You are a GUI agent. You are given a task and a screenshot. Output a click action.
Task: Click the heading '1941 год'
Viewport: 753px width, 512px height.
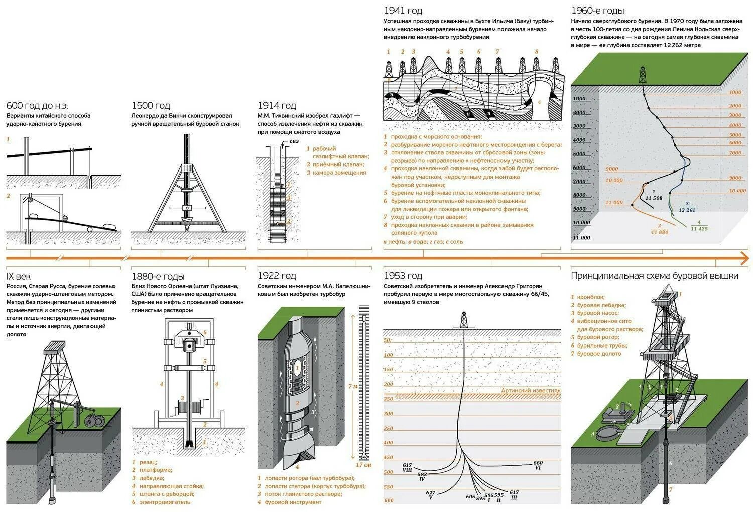point(403,11)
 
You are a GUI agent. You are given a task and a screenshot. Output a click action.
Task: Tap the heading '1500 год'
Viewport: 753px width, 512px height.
point(151,106)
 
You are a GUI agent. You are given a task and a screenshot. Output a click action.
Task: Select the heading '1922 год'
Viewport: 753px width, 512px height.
point(277,276)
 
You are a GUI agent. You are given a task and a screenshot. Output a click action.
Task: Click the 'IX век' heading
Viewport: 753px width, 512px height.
point(18,276)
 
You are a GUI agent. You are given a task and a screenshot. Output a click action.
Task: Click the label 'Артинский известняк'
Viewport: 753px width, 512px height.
point(531,390)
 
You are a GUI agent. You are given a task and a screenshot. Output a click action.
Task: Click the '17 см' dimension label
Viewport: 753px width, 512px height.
point(364,465)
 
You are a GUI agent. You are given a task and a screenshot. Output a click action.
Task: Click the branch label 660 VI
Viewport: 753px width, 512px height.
point(538,465)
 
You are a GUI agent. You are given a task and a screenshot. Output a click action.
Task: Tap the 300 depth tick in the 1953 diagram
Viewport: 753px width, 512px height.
point(388,414)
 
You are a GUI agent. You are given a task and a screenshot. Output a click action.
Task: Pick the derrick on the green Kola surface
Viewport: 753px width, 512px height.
point(643,75)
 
